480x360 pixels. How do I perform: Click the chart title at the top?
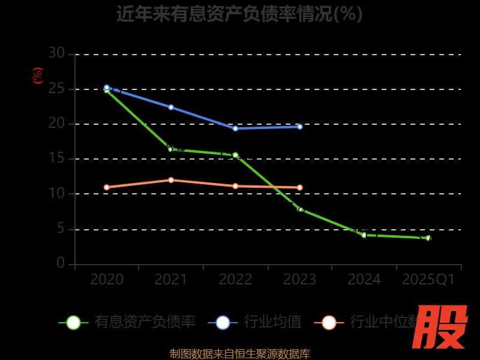coord(239,13)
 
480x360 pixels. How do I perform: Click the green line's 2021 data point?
coord(170,149)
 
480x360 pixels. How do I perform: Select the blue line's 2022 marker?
coord(235,128)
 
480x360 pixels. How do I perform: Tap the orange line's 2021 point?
coord(171,180)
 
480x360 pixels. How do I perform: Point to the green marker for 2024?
coord(364,235)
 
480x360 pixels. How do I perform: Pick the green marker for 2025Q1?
coord(428,238)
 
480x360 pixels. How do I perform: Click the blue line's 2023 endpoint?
coord(300,127)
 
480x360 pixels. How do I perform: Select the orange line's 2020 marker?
coord(107,187)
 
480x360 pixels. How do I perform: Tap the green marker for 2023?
coord(301,209)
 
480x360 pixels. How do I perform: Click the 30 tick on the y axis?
coord(56,53)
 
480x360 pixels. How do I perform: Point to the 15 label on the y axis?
coord(56,158)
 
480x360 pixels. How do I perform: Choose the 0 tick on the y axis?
coord(61,263)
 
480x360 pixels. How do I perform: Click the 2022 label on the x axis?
coord(235,280)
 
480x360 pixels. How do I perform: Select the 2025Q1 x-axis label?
coord(428,280)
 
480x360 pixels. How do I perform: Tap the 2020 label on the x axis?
coord(107,280)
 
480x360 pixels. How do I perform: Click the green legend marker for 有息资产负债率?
coord(73,322)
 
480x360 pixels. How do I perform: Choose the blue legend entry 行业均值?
coord(272,322)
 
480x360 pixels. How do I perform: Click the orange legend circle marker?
coord(329,322)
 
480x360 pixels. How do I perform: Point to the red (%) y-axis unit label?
coord(38,76)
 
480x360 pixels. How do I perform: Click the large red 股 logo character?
coord(441,327)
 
